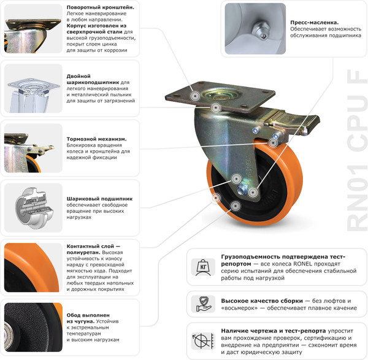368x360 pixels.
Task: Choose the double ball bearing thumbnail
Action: coord(32,88)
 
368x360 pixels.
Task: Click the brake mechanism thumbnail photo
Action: coord(32,147)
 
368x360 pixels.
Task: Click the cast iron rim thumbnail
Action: coord(32,328)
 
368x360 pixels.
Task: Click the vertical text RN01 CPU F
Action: coord(355,151)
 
